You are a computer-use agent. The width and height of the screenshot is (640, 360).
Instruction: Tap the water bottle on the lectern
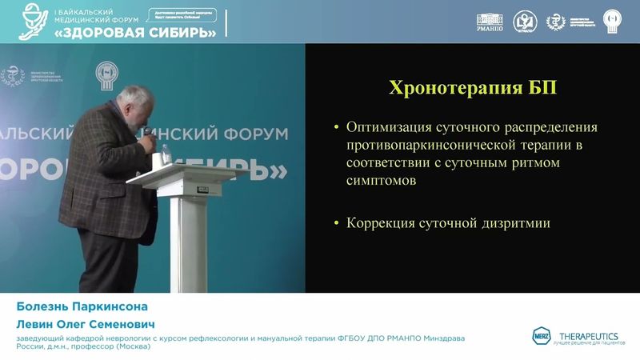coord(167,152)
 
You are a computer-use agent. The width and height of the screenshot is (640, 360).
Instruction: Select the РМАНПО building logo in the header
coord(490,22)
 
